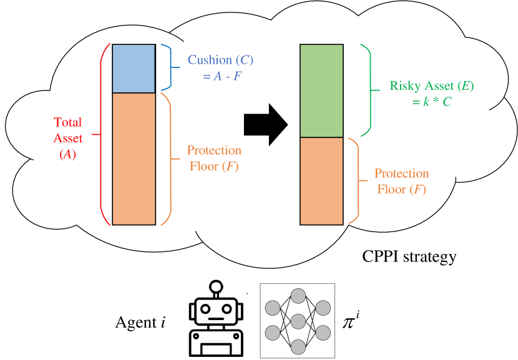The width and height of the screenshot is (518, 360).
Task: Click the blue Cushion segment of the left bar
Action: click(x=134, y=69)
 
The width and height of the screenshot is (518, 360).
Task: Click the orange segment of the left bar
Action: click(x=134, y=158)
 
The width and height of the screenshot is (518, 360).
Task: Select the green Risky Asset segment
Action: click(x=321, y=91)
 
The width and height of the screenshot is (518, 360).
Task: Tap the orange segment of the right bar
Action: click(x=321, y=181)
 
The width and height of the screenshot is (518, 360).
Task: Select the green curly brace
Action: click(x=369, y=90)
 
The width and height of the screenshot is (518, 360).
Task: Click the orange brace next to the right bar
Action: click(x=357, y=181)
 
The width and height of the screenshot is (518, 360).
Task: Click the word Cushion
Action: click(x=210, y=61)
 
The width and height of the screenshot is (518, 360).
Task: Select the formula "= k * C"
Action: click(x=432, y=102)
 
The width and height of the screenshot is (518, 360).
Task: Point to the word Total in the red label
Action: click(x=67, y=122)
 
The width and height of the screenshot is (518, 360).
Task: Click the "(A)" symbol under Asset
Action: click(x=67, y=154)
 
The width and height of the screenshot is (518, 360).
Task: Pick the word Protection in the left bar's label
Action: click(x=214, y=150)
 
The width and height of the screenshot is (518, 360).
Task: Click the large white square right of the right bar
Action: click(x=442, y=160)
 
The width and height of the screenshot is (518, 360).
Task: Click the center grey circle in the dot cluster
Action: click(x=298, y=321)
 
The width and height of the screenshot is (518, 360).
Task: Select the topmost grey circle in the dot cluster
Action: click(x=298, y=296)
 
